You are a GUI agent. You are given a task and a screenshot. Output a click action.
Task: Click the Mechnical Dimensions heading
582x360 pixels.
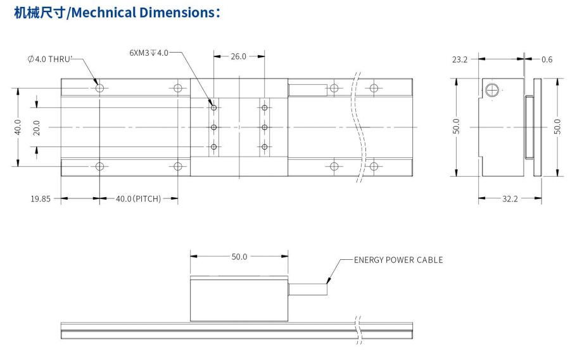(117, 12)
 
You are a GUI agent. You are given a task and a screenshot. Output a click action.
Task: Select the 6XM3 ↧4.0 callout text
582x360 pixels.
(149, 53)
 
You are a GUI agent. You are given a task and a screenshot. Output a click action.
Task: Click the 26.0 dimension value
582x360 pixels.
(238, 56)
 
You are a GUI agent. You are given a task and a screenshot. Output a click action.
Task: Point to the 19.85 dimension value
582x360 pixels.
(41, 198)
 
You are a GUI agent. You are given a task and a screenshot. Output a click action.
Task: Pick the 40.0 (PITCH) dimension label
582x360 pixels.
(138, 198)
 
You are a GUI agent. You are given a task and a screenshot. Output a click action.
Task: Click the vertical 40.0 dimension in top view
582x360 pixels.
(17, 127)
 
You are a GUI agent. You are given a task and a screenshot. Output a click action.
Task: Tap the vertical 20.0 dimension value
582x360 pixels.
(36, 127)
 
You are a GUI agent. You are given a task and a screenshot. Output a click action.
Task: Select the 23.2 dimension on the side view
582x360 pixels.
(460, 60)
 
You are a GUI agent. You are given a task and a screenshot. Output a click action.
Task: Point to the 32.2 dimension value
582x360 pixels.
(510, 198)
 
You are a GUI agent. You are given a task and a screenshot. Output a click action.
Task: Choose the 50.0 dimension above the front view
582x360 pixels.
(239, 257)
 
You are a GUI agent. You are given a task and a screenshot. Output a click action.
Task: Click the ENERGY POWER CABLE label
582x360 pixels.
(398, 260)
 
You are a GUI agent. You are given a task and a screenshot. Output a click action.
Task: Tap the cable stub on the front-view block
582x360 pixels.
(308, 290)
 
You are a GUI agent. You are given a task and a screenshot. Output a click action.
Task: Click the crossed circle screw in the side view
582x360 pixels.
(492, 90)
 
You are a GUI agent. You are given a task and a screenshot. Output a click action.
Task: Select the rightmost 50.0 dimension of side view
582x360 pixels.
(557, 127)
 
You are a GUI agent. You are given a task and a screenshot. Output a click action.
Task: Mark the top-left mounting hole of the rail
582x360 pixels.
(99, 87)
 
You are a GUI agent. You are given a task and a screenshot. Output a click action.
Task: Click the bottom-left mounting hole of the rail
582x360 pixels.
(99, 167)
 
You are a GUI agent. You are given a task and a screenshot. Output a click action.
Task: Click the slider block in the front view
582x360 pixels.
(239, 299)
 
